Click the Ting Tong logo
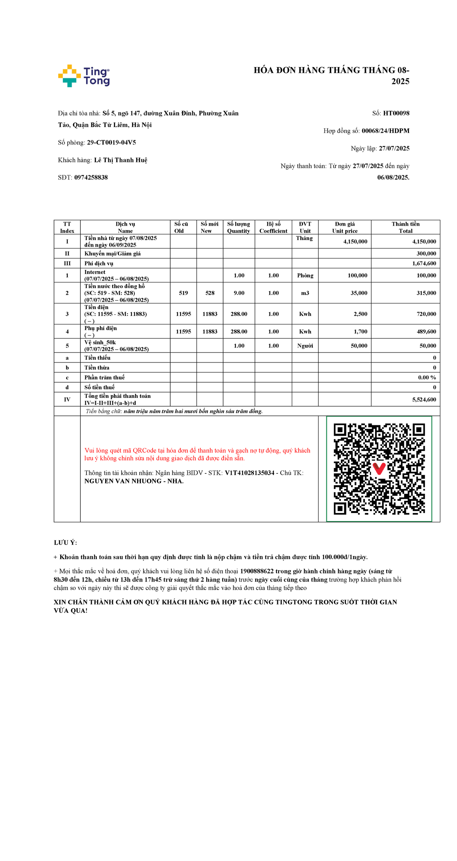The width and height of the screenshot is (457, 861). point(84,76)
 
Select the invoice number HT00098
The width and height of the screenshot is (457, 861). point(396,113)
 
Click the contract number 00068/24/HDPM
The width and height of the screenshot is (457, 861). point(385,131)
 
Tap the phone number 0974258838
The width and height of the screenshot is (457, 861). point(91,178)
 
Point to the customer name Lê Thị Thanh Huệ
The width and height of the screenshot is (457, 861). point(121,160)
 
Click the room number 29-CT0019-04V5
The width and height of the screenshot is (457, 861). point(112,143)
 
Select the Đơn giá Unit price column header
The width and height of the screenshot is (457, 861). point(345,227)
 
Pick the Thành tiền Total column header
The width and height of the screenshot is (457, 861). point(406,227)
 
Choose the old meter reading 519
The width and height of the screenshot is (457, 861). point(184,293)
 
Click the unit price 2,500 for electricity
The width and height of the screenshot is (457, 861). point(360,314)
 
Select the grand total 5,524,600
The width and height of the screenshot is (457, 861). point(424,399)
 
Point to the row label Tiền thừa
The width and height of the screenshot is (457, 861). point(97,367)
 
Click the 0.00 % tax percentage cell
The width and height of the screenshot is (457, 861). point(427,377)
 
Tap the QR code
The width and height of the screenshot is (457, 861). point(379,469)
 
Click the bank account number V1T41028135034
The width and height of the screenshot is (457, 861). point(249,473)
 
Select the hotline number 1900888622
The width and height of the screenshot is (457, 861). point(257,571)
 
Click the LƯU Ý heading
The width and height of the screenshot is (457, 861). point(65,543)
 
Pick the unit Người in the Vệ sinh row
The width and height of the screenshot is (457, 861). point(305,346)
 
